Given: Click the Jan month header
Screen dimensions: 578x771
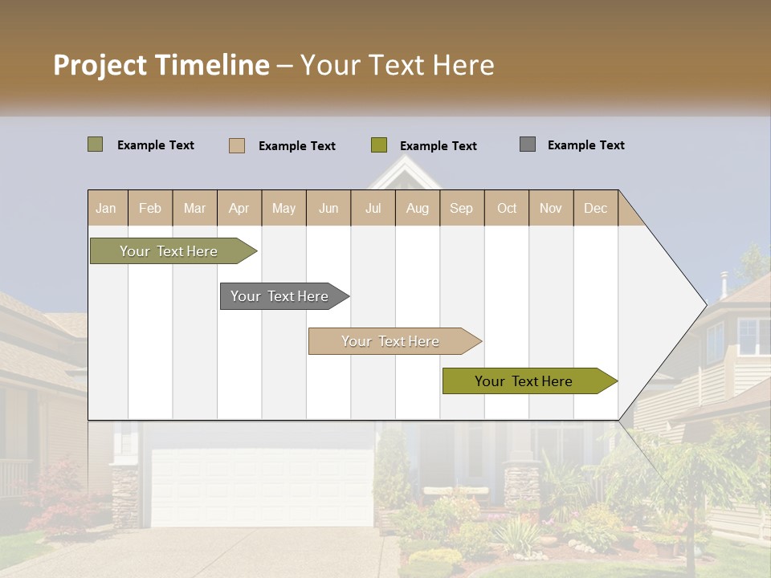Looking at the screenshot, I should click(106, 208).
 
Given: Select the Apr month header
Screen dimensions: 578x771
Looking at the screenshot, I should click(239, 208).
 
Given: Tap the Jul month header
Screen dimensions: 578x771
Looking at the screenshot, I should click(373, 208).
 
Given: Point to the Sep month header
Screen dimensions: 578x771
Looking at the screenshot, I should click(461, 208).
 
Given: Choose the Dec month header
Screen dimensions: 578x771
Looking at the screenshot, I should click(595, 208).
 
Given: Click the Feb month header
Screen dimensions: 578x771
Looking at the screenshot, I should click(150, 208).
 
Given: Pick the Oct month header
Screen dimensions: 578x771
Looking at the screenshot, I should click(507, 208).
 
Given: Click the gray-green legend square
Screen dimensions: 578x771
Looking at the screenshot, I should click(95, 144).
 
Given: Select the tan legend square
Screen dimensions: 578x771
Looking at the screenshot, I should click(237, 145).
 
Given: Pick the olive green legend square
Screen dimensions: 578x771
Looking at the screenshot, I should click(379, 145).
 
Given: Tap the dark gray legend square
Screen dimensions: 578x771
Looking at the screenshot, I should click(528, 144).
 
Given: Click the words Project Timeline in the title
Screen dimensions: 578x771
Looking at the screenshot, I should click(161, 65).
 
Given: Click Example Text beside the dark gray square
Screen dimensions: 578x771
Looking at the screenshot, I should click(585, 145).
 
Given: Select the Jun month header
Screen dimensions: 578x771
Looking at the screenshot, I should click(328, 208).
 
